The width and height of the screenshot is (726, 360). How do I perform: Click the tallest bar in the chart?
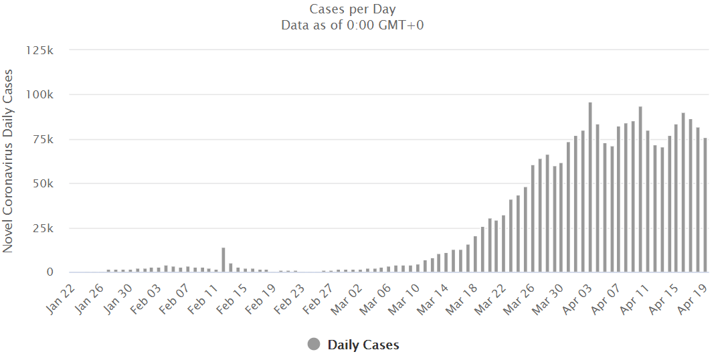(590, 187)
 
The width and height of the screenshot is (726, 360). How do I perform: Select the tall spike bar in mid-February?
(223, 260)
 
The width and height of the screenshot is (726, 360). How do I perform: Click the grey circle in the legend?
(314, 345)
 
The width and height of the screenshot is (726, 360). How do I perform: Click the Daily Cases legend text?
(363, 345)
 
